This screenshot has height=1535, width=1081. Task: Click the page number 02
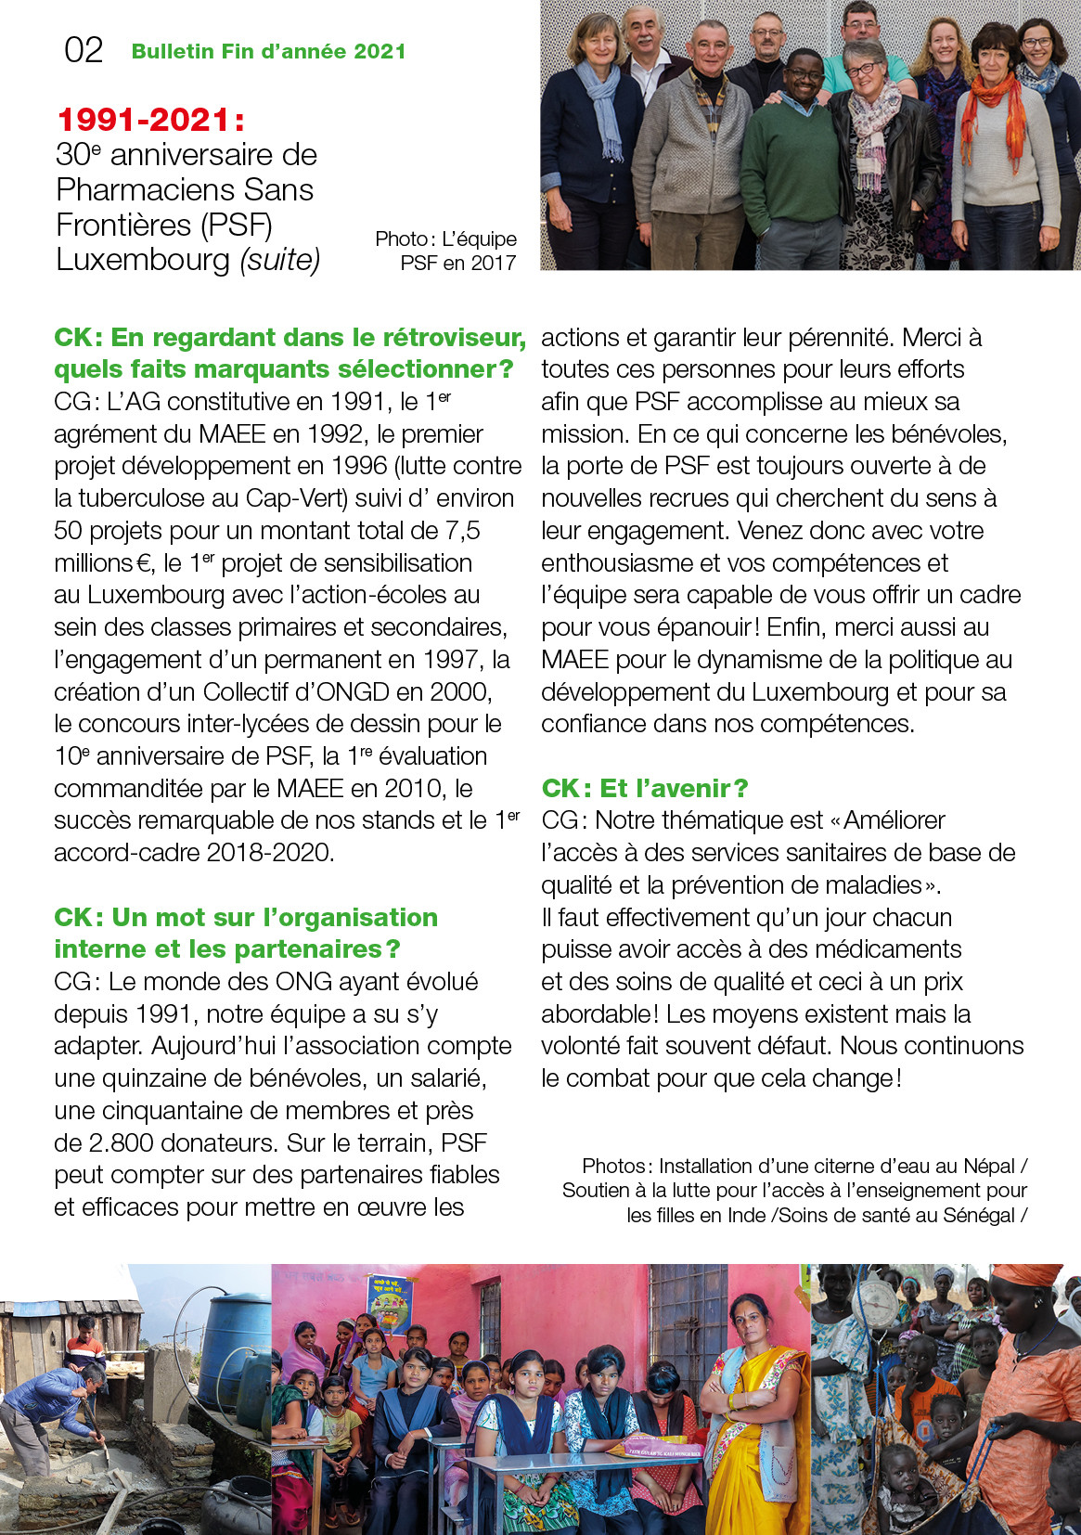[x=84, y=50]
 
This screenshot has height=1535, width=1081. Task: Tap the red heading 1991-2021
[x=150, y=120]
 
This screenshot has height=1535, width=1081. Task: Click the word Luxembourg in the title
[x=143, y=260]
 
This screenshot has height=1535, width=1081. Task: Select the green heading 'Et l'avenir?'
[x=644, y=788]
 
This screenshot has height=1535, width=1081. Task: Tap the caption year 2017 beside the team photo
[x=493, y=264]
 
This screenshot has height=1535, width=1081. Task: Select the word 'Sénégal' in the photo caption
[x=981, y=1215]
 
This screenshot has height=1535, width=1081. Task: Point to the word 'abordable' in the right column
[x=599, y=1014]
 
